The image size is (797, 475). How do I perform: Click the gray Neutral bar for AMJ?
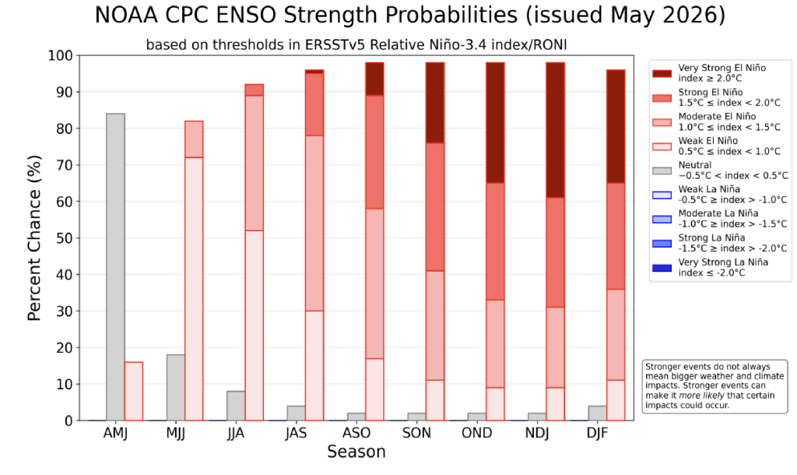[115, 267]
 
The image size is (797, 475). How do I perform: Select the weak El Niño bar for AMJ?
[134, 391]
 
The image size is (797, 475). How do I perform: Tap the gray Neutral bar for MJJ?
[176, 388]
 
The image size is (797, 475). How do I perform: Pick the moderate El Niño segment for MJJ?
[194, 139]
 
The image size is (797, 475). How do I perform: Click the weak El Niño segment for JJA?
[255, 325]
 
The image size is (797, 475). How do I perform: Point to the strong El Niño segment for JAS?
[314, 104]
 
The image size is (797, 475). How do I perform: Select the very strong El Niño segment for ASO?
[374, 79]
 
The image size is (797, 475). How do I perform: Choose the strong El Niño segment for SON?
[435, 207]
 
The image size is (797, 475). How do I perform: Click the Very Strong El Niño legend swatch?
[662, 73]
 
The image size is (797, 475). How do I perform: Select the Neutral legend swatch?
[662, 171]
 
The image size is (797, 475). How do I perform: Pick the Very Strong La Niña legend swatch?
[662, 268]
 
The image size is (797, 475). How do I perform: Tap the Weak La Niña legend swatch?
[662, 195]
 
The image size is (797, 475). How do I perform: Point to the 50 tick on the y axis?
[77, 238]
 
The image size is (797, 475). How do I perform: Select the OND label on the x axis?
[477, 433]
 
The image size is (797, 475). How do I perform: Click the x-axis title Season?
[356, 452]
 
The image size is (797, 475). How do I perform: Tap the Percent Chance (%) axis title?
[34, 238]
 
